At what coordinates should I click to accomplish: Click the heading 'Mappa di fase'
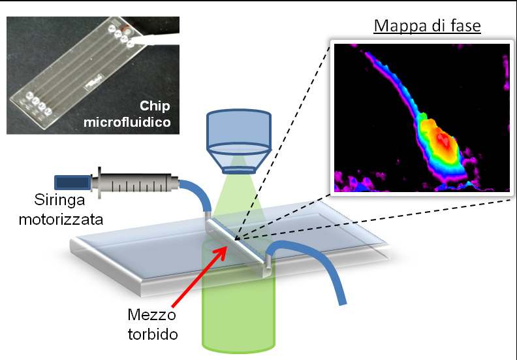[426, 27]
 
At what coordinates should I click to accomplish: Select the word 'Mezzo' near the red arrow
[148, 316]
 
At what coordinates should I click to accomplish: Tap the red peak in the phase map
[443, 139]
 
